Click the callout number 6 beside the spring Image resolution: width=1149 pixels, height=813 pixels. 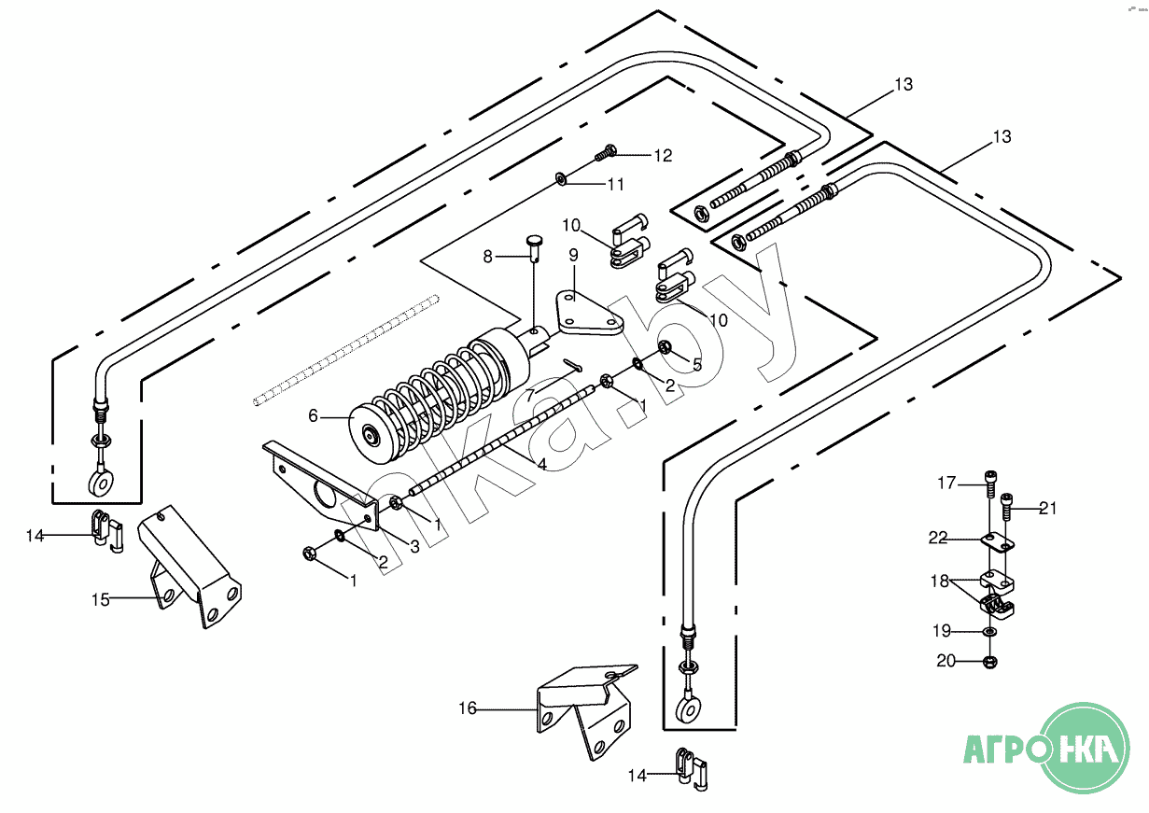coord(313,416)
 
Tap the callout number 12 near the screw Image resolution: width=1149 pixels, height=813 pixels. coord(663,156)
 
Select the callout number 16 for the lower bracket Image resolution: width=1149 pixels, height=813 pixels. coord(467,709)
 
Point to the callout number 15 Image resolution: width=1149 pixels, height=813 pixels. coord(100,599)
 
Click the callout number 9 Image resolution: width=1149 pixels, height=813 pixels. coord(573,255)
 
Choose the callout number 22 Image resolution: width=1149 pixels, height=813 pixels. coord(938,538)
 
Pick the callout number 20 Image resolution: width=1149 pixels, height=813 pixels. coord(946,661)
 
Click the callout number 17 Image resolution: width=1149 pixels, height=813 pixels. coord(947,483)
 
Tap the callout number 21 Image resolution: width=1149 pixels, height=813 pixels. coord(1047,509)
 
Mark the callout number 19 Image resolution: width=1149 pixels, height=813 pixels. coord(942,631)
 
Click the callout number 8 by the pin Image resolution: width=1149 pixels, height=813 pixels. coord(487,256)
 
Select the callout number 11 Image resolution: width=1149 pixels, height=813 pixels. coord(616,185)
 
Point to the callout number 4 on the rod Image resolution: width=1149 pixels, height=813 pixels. coord(541,462)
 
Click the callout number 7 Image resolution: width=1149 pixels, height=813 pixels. coord(530,396)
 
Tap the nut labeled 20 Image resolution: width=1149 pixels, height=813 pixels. coord(990,663)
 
